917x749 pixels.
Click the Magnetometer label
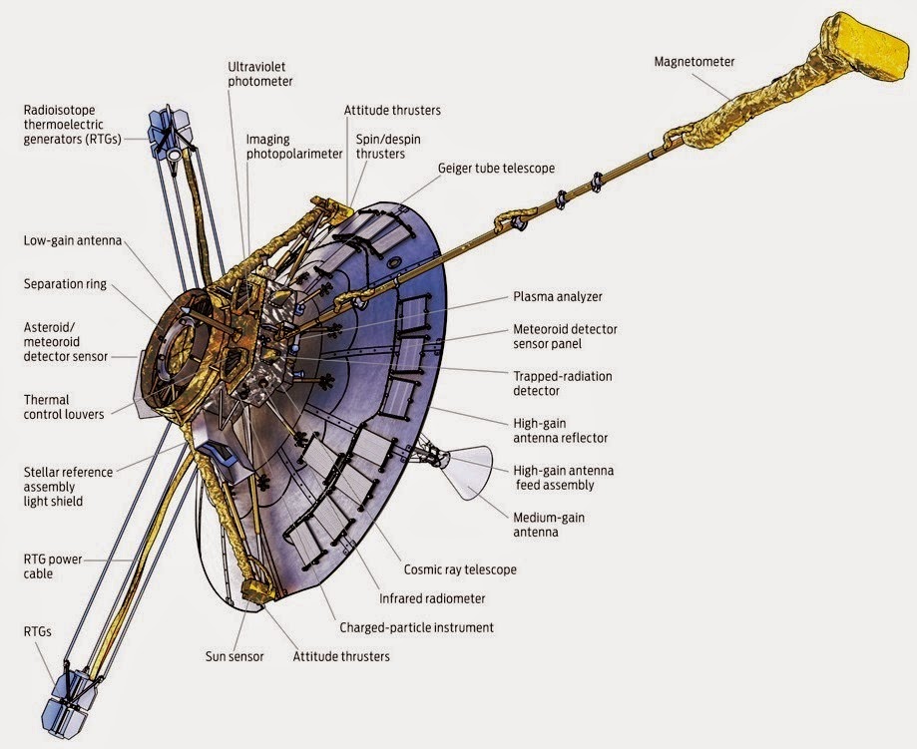[693, 62]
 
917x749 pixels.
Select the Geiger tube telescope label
[495, 168]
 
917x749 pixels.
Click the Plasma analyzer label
[557, 296]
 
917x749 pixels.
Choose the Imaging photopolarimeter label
[294, 147]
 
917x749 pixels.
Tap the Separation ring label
[65, 283]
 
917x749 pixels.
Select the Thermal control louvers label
[64, 407]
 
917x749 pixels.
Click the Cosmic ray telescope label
[460, 569]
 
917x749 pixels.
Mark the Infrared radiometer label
[432, 598]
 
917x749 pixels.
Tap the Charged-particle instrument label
[416, 627]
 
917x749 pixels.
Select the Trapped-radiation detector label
[562, 384]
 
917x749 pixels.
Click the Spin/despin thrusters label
[380, 148]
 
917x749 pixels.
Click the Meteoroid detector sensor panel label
[562, 336]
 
